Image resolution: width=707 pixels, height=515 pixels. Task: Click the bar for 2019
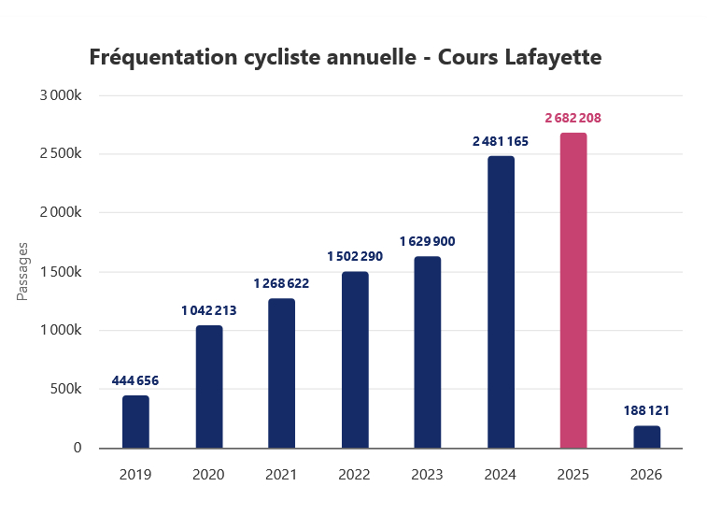pyautogui.click(x=135, y=422)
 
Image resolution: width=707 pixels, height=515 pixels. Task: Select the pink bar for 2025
pyautogui.click(x=573, y=291)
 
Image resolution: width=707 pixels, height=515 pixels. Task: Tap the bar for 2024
pyautogui.click(x=501, y=302)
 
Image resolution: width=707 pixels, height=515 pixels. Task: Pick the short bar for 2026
pyautogui.click(x=646, y=436)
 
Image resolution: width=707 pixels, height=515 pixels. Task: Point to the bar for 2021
pyautogui.click(x=281, y=373)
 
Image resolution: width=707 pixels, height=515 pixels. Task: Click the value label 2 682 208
pyautogui.click(x=573, y=118)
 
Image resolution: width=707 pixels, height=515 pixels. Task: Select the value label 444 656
pyautogui.click(x=135, y=380)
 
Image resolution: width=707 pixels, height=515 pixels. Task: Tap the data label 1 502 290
pyautogui.click(x=355, y=256)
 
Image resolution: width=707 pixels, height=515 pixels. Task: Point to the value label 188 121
pyautogui.click(x=646, y=410)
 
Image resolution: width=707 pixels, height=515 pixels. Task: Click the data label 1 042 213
pyautogui.click(x=208, y=310)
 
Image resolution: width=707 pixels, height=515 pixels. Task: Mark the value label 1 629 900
pyautogui.click(x=428, y=241)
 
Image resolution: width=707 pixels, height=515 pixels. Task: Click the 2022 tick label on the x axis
pyautogui.click(x=355, y=475)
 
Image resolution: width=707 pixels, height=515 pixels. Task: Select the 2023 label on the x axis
pyautogui.click(x=428, y=475)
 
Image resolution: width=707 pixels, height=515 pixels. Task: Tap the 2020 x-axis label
pyautogui.click(x=208, y=475)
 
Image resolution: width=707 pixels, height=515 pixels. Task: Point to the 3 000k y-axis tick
pyautogui.click(x=63, y=95)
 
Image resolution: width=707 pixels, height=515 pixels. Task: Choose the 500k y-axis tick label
pyautogui.click(x=68, y=389)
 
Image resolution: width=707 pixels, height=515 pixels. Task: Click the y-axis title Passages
pyautogui.click(x=23, y=272)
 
